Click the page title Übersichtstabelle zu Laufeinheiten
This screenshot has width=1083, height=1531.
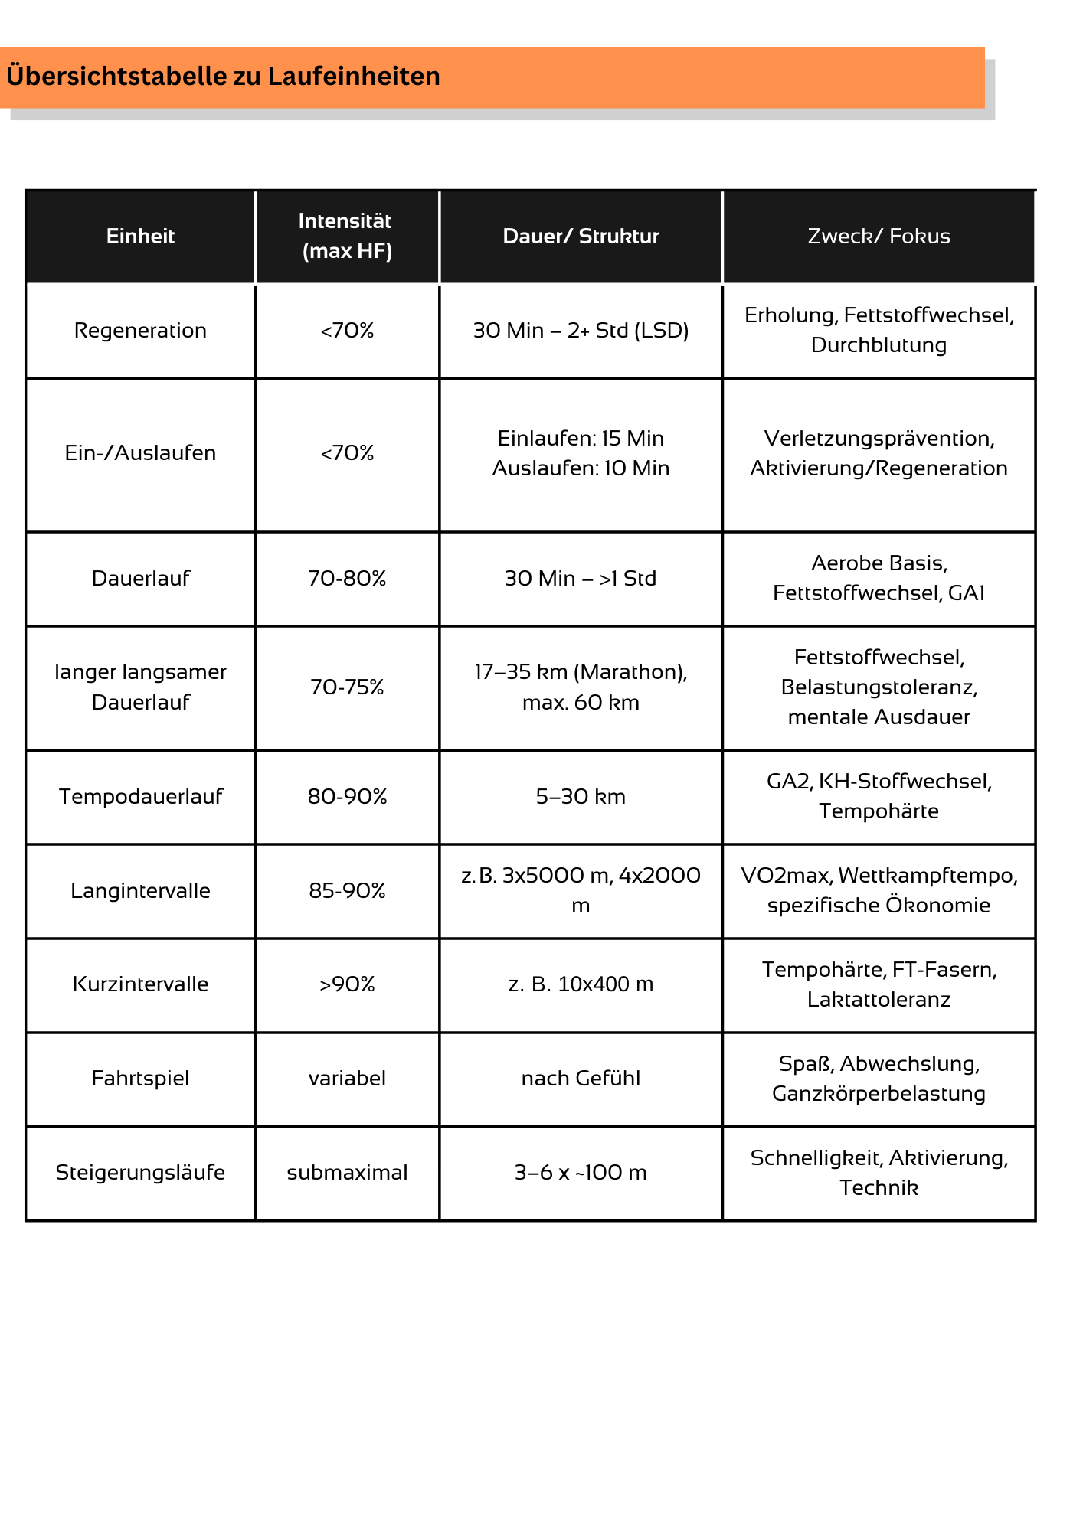click(223, 77)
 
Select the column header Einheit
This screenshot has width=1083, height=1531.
click(140, 237)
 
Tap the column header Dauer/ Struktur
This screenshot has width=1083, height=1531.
click(581, 237)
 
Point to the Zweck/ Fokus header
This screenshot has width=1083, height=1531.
click(879, 237)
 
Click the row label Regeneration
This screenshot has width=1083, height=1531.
click(140, 331)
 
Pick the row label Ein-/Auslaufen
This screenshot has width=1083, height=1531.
click(140, 453)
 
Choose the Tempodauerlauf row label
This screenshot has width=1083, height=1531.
click(140, 797)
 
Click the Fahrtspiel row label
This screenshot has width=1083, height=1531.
click(140, 1079)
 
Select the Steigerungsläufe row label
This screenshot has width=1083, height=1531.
click(140, 1173)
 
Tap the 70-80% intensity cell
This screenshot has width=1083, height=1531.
click(347, 579)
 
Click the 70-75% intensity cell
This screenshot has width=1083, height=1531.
click(347, 687)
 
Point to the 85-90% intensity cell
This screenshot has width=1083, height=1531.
click(347, 891)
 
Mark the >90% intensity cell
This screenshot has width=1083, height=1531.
click(347, 984)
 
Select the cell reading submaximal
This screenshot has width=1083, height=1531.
click(347, 1173)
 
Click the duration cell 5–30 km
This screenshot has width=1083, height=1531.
click(581, 797)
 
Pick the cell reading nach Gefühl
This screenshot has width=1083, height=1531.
click(581, 1079)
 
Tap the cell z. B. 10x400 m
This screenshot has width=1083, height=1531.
click(581, 984)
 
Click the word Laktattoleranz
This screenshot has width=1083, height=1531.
click(879, 1000)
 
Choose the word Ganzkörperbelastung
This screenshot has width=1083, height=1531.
click(879, 1094)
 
